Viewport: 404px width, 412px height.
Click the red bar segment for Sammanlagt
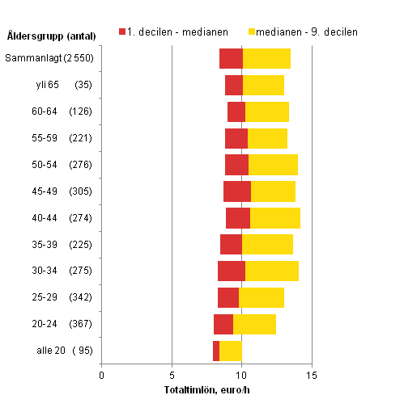(x=231, y=58)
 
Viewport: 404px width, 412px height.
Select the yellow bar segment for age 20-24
(x=254, y=324)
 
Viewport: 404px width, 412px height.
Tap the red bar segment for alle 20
(x=216, y=351)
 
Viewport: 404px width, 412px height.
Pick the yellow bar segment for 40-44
(x=275, y=218)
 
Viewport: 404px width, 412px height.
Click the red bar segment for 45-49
(x=237, y=191)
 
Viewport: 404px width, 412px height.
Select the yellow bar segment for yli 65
(x=263, y=85)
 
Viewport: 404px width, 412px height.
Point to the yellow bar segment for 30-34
(x=272, y=271)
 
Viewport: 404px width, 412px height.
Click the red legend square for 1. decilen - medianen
(x=123, y=32)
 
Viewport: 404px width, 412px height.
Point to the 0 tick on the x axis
(x=101, y=375)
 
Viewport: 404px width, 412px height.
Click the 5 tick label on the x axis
(x=172, y=375)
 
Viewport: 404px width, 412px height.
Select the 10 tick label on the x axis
(x=241, y=375)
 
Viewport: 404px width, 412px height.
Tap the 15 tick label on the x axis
(x=312, y=375)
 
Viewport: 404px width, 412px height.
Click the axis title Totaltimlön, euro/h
(x=206, y=391)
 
